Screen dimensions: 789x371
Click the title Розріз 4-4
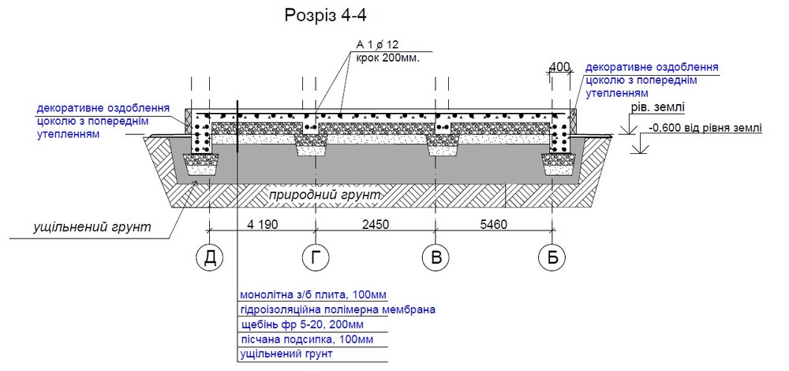326,15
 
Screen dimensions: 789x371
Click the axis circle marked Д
209,257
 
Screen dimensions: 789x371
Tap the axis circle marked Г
316,257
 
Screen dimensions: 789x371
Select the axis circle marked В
436,257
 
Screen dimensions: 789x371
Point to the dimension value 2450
374,223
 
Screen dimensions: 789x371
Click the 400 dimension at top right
559,66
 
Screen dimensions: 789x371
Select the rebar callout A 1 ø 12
373,45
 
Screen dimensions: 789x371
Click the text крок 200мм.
387,58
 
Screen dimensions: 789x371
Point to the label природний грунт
324,195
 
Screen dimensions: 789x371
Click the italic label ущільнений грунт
92,227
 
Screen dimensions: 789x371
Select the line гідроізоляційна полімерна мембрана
338,309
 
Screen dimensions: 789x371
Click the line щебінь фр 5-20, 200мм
302,324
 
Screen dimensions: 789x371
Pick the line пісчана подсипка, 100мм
306,339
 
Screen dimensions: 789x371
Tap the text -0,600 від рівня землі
705,128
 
